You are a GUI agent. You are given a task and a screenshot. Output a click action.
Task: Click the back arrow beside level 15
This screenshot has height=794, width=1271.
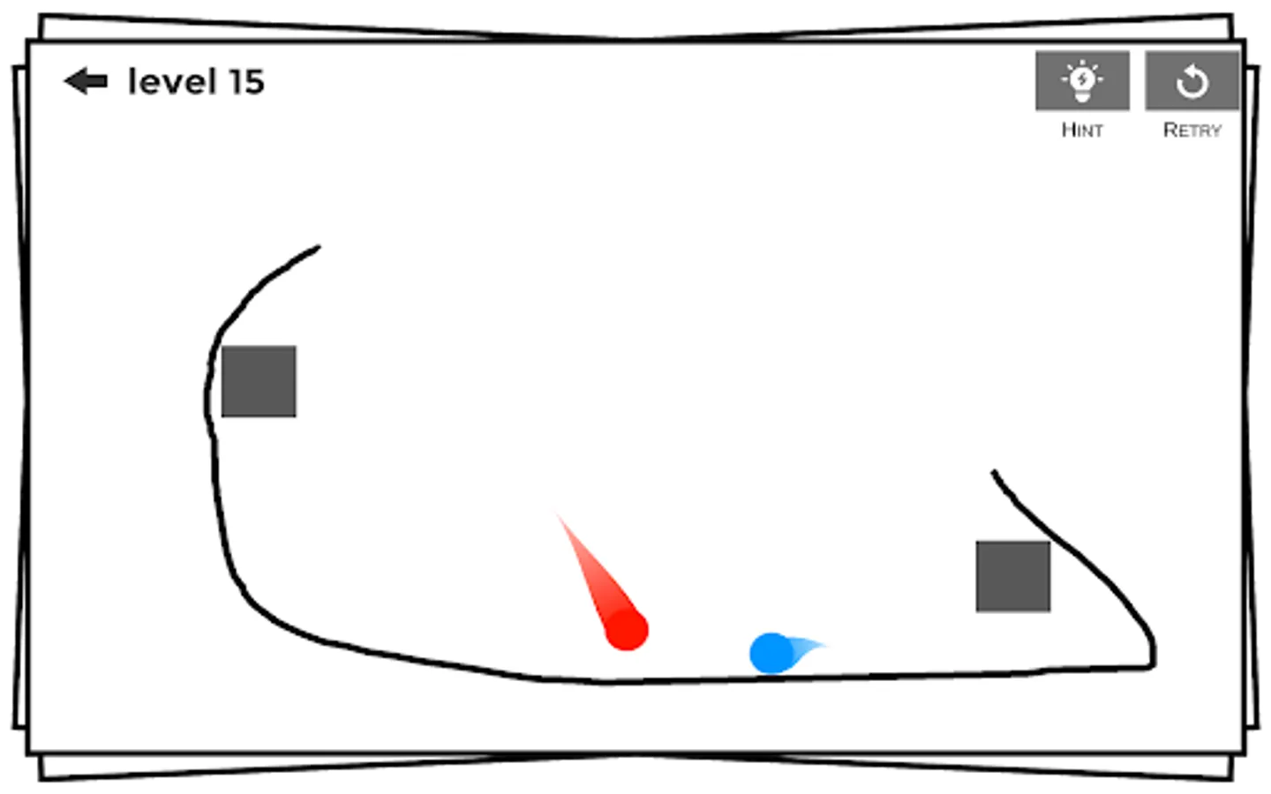[86, 81]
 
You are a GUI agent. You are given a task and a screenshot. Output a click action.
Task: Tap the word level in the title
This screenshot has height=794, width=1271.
[171, 81]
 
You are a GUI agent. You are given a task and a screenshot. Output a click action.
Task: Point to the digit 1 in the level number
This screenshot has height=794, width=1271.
[235, 82]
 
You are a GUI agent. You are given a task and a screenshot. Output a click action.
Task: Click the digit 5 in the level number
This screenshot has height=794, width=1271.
[253, 82]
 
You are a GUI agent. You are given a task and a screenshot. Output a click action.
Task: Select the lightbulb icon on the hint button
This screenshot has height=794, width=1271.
[1082, 80]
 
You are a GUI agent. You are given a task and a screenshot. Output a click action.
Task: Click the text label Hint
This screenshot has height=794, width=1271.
[1082, 131]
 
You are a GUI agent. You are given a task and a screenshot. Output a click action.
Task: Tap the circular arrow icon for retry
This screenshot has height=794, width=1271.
[1192, 81]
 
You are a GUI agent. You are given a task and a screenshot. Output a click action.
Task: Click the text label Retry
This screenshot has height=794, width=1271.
[1192, 131]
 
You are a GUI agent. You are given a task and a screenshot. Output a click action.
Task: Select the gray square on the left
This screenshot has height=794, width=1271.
[259, 381]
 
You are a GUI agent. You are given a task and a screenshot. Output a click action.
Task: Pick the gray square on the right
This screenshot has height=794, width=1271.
[1013, 576]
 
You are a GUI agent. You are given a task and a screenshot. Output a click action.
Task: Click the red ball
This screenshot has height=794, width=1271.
[627, 630]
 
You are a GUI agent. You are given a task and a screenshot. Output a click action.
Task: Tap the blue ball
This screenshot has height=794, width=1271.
[771, 654]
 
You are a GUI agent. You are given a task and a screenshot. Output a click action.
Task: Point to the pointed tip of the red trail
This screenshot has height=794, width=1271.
[557, 513]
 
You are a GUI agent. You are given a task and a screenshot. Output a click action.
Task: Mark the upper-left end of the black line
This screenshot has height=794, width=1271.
[318, 248]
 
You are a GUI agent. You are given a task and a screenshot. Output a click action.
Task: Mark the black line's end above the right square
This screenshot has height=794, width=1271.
[994, 472]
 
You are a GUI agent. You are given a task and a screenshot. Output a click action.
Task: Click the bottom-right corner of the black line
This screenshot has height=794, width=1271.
[1152, 665]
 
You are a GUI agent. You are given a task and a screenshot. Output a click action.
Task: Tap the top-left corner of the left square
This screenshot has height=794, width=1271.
[222, 347]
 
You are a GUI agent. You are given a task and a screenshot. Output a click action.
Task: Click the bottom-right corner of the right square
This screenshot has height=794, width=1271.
[1049, 610]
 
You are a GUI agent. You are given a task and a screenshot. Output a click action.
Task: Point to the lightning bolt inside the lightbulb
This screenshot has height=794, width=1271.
[1082, 79]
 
